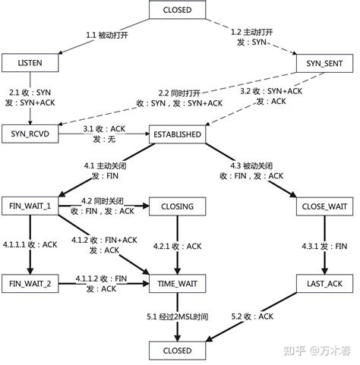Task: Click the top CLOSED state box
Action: click(x=177, y=11)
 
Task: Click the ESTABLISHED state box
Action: click(x=177, y=135)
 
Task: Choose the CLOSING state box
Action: click(x=177, y=206)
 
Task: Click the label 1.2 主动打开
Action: click(x=251, y=36)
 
